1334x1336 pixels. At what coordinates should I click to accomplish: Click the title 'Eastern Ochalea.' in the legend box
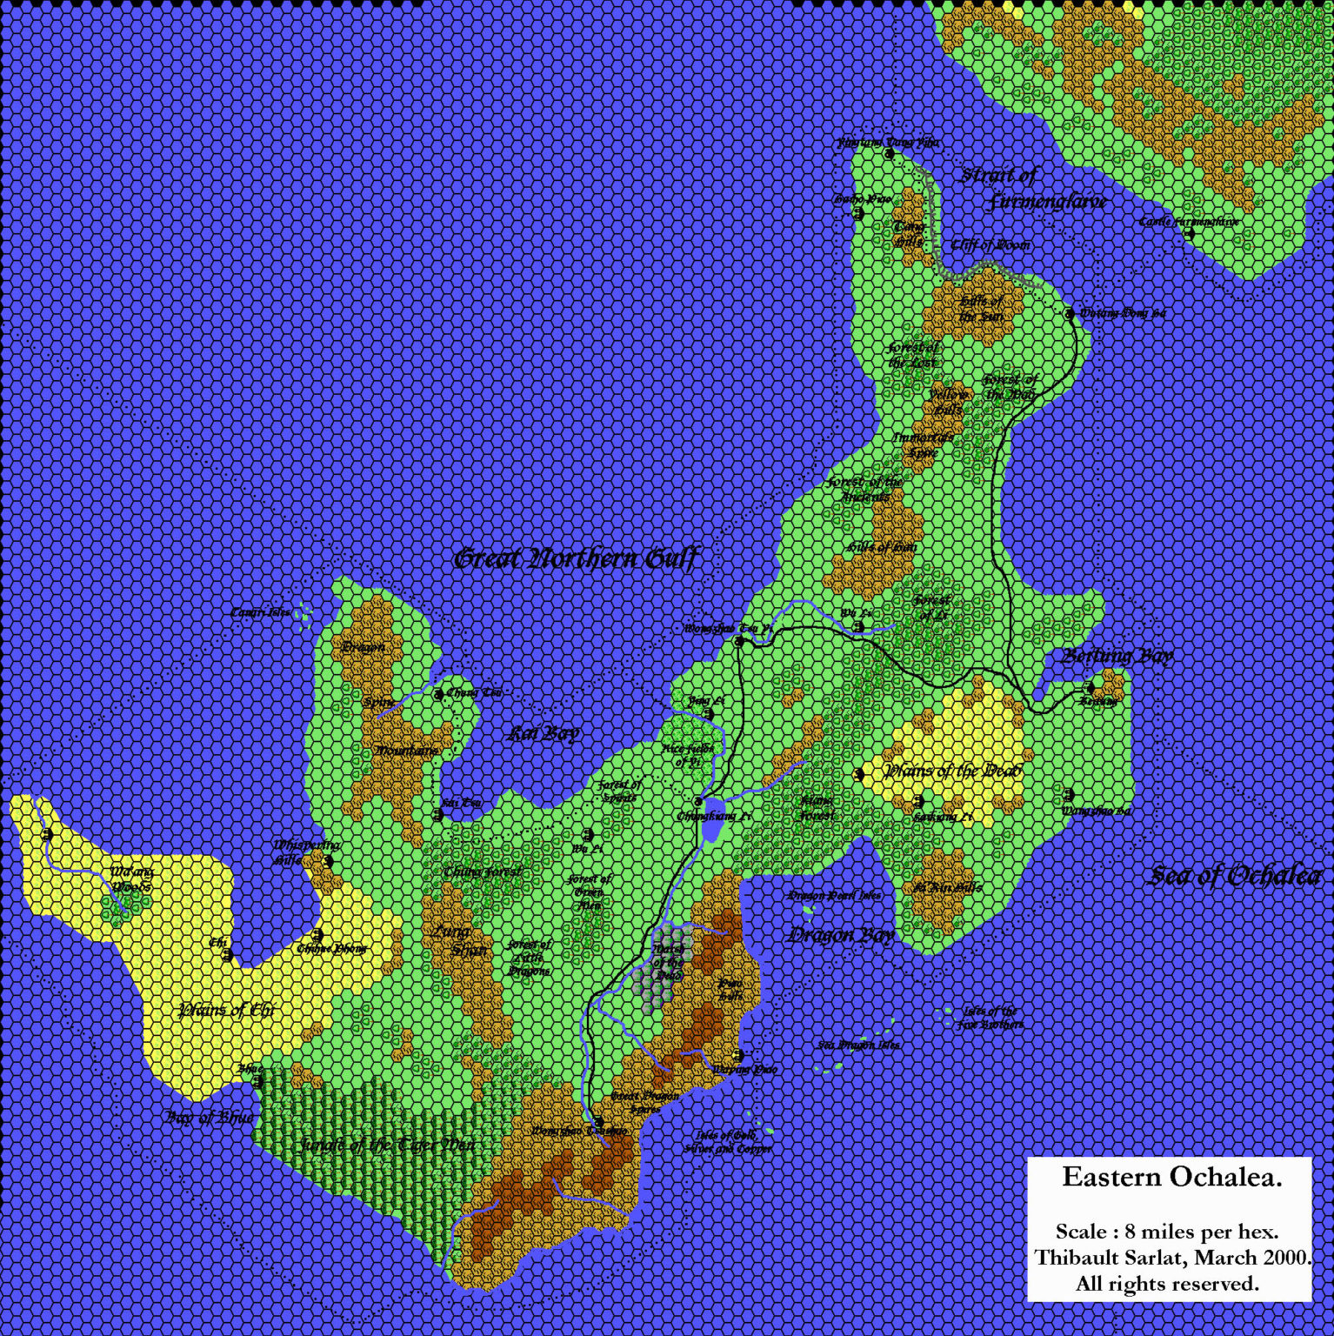click(1172, 1178)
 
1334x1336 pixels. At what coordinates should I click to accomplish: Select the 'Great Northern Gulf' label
click(575, 558)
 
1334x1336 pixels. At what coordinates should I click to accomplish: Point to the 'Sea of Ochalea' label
click(1235, 876)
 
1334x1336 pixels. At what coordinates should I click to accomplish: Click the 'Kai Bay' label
click(544, 733)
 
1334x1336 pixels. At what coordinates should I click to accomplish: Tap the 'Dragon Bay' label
click(840, 936)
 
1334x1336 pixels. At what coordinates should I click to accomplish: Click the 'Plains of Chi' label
click(225, 1010)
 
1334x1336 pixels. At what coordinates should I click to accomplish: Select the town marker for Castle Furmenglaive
click(1189, 233)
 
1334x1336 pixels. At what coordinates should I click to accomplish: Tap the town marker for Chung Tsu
click(439, 693)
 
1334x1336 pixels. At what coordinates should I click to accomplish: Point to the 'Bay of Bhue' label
click(210, 1116)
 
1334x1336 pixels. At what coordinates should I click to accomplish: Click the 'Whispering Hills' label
click(297, 852)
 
